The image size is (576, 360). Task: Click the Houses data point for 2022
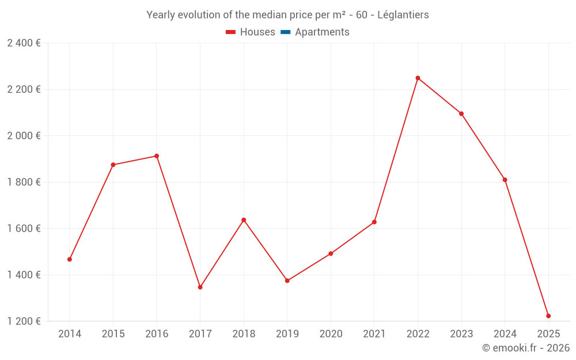point(418,78)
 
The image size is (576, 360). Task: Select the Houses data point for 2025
point(548,316)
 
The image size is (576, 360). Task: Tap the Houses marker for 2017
point(200,287)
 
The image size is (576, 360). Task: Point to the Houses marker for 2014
point(70,259)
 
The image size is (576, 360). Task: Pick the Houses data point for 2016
point(157,156)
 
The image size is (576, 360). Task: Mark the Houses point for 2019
point(287,281)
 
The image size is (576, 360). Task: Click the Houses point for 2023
point(461,113)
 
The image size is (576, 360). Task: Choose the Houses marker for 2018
point(244,220)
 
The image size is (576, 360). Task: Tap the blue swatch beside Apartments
point(285,32)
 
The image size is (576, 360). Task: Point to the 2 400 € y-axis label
point(24,43)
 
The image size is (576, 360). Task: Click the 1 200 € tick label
point(24,321)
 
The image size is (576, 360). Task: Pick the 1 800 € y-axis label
point(24,182)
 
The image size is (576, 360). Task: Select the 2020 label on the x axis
point(331,334)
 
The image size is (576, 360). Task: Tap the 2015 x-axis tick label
point(113,334)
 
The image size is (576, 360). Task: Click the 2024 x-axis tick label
point(505,334)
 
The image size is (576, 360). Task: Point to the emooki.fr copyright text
point(526,348)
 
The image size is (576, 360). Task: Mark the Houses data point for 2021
point(374,222)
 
